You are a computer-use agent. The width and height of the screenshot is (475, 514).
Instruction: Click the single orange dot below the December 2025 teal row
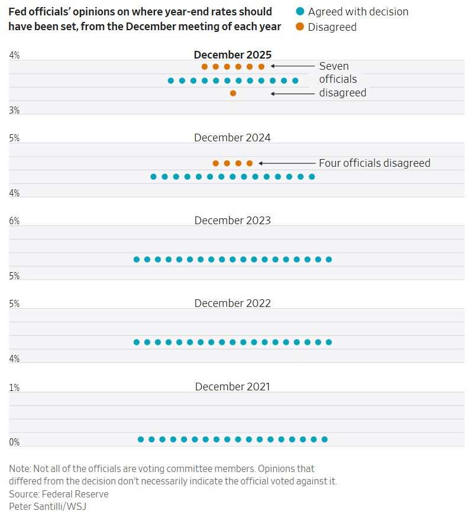pos(233,93)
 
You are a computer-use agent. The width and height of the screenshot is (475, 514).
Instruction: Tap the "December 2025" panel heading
pos(232,55)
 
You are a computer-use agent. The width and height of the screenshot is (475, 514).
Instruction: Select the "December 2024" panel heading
pos(232,138)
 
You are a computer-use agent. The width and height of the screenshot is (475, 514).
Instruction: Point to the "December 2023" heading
pos(232,221)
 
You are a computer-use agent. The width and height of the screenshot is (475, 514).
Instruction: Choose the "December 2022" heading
pos(232,303)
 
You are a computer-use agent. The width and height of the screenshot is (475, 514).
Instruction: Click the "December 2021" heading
pos(232,387)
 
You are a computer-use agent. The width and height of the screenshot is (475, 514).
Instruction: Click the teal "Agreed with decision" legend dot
pos(300,12)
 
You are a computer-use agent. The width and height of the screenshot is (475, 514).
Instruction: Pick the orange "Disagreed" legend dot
pos(300,27)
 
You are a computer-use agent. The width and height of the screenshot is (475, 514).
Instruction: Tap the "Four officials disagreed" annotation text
pos(374,163)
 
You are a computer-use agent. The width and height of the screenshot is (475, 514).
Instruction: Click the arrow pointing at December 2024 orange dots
pos(286,163)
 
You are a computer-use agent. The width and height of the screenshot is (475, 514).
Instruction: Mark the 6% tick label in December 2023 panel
pos(15,221)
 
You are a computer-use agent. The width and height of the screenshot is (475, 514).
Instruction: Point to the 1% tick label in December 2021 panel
pos(15,388)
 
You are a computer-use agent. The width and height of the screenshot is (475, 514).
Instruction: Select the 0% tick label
pos(15,442)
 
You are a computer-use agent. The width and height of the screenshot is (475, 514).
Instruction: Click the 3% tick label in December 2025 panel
pos(15,111)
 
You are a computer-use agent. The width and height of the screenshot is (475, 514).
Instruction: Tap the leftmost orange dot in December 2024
pos(216,163)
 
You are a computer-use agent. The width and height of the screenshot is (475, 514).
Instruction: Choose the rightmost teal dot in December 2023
pos(329,259)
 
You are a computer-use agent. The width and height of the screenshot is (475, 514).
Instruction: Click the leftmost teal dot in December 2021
pos(141,439)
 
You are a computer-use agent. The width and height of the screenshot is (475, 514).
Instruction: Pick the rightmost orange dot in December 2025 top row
pos(261,67)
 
